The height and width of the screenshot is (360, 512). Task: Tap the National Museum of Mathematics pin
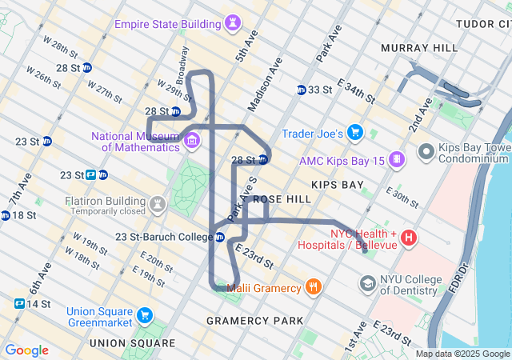[192, 142]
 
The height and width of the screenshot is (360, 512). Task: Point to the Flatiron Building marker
[158, 204]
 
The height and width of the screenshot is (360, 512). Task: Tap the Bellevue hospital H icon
[409, 238]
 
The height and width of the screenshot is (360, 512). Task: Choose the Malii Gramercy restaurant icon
[314, 286]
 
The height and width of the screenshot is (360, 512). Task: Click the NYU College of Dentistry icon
[367, 282]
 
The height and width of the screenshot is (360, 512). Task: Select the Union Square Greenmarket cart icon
[145, 316]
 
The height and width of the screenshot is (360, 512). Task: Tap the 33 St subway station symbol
[302, 90]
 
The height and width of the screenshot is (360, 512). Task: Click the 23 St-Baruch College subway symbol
[220, 237]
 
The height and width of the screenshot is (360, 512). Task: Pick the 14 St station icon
[19, 304]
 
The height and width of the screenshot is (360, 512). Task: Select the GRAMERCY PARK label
[255, 321]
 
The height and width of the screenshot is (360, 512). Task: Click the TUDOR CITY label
[483, 24]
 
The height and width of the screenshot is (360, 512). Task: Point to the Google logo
[26, 350]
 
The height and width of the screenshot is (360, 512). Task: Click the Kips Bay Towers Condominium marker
[426, 150]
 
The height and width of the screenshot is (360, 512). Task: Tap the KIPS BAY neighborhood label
[338, 185]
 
